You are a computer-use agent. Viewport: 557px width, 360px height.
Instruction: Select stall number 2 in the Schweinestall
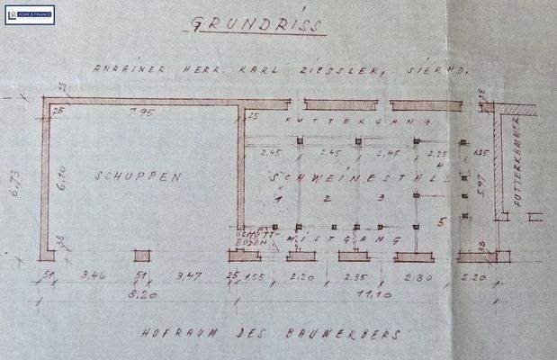(x=328, y=198)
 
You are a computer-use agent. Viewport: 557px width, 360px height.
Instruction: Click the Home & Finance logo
(x=29, y=13)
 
